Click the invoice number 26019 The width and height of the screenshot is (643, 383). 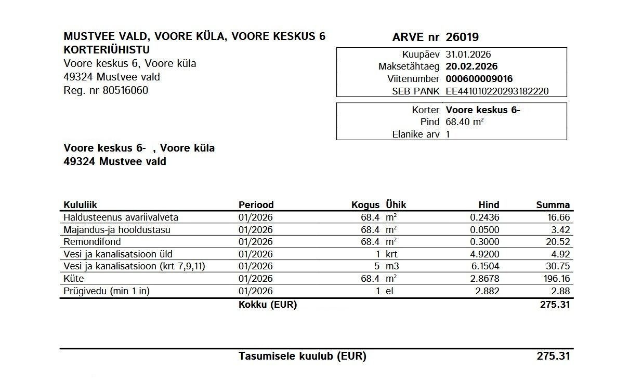tap(462, 37)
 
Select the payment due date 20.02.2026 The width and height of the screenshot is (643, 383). tap(471, 66)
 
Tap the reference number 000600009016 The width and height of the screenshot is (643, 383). tap(479, 79)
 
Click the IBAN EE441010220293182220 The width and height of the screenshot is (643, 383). tap(497, 91)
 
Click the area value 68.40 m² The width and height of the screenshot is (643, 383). tap(465, 122)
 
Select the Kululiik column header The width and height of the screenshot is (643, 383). tap(80, 204)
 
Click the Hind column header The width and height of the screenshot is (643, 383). tap(489, 204)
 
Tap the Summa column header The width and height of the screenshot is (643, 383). tap(553, 204)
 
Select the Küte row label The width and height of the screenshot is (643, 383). tap(73, 279)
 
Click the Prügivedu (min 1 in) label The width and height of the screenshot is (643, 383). tap(106, 291)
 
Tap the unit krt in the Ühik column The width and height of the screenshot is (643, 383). tap(391, 254)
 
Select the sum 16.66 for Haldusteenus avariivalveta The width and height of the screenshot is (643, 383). tap(558, 217)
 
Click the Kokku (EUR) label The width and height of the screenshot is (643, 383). tap(267, 305)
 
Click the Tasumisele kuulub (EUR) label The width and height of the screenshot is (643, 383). tap(302, 357)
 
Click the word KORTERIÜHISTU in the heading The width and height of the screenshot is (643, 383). tap(107, 50)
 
